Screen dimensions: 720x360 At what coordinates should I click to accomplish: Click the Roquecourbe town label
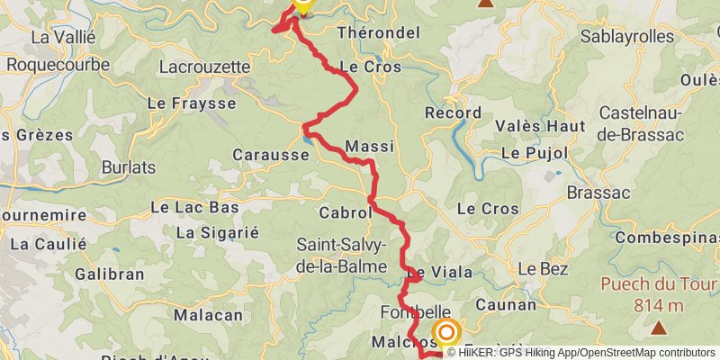[x=58, y=65]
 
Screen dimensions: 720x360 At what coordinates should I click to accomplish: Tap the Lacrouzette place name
[x=203, y=66]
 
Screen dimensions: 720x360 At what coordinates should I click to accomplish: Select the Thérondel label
[x=378, y=32]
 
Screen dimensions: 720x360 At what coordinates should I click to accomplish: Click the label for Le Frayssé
[x=192, y=103]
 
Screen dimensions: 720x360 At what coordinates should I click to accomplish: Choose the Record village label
[x=447, y=114]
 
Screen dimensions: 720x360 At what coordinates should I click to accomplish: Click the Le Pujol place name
[x=535, y=153]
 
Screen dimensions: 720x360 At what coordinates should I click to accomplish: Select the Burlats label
[x=129, y=167]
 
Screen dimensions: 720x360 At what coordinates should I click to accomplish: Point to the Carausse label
[x=271, y=155]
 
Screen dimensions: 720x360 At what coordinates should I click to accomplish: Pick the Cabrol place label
[x=345, y=213]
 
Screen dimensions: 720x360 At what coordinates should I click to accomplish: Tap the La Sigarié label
[x=217, y=232]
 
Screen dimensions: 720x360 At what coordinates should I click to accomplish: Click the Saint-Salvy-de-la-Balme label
[x=341, y=256]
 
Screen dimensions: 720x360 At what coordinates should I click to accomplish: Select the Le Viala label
[x=440, y=273]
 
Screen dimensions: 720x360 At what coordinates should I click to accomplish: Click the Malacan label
[x=208, y=315]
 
